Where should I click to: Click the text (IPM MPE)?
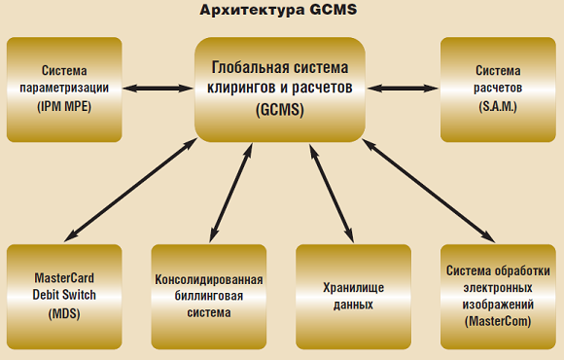[x=64, y=104]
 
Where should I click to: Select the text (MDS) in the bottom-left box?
[x=64, y=314]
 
